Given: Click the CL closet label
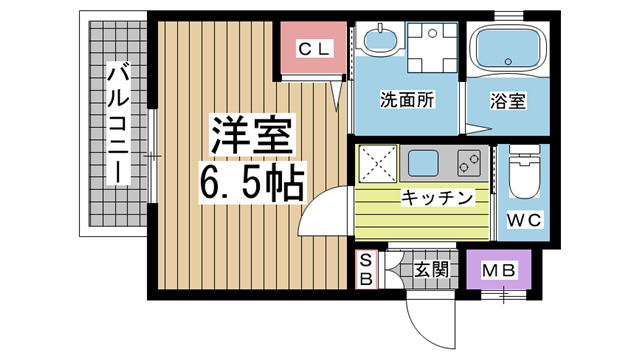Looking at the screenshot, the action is point(313,49).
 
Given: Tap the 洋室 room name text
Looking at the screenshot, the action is point(252,135).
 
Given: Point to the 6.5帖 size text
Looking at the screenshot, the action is point(252,182).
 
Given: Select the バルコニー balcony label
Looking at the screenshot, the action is point(118,122).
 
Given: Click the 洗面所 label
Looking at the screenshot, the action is point(407,100).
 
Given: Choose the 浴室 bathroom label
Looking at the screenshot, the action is point(508,101).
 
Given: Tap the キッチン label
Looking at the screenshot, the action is point(436,198).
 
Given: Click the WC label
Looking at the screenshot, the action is point(524,220).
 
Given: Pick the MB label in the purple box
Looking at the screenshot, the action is point(498,270).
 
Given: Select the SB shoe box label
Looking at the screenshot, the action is point(366,269).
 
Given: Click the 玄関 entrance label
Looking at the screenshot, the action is point(431,269).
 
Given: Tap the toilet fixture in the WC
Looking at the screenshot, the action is point(524,171).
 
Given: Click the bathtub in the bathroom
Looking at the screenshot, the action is point(508,50).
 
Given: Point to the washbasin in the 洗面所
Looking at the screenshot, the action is point(380,40).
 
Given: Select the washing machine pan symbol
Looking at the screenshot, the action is point(432,47).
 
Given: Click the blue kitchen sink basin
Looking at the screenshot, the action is point(423,163).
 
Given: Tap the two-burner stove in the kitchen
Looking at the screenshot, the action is point(469,163).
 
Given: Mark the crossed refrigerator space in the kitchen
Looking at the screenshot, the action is point(378,163).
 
